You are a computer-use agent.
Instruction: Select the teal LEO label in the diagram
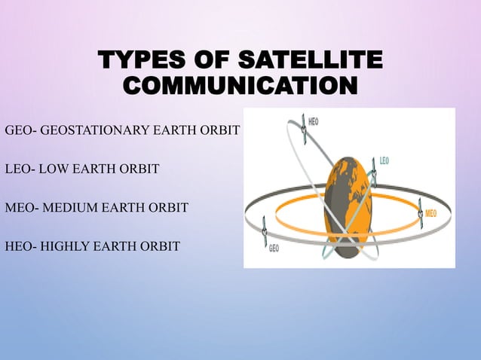(384, 160)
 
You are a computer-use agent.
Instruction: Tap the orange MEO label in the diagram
(430, 214)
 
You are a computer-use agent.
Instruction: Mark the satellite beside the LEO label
(372, 174)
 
